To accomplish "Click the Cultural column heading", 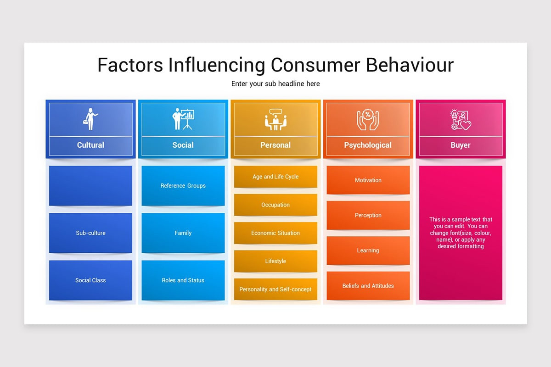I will point(90,145).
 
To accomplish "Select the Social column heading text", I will point(183,145).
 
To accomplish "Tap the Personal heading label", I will point(275,145).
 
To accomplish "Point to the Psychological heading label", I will point(368,145).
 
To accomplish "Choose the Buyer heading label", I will point(461,145).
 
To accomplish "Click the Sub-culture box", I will point(90,233).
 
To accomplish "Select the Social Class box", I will point(90,280).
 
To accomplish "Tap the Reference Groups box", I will point(183,185).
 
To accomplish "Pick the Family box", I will point(183,233).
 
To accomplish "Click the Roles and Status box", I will point(183,280).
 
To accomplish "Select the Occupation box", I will point(275,205).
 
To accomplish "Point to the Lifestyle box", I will point(275,261).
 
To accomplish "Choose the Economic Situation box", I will point(275,233).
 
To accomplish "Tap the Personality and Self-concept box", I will point(275,289).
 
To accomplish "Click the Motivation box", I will point(368,180).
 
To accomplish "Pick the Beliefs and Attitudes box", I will point(368,285).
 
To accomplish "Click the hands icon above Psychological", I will point(368,120).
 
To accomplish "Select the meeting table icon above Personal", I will point(275,120).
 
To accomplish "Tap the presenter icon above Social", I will point(183,119).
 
